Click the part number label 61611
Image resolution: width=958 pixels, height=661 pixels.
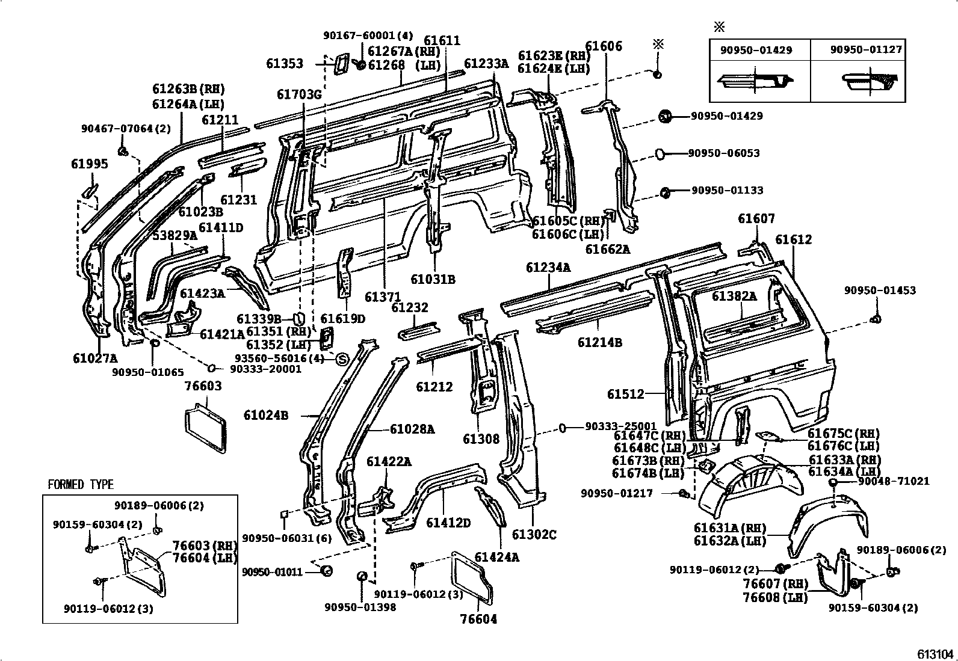[x=442, y=40]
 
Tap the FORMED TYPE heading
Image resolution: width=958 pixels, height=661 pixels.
[x=81, y=485]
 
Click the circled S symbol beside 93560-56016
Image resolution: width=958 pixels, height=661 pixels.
[x=341, y=360]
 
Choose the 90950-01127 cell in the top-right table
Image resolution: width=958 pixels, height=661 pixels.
[x=866, y=50]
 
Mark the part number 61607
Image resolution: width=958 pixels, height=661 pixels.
[x=756, y=219]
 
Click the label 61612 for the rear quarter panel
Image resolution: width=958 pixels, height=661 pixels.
[x=793, y=239]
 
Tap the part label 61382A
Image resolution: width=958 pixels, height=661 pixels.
[x=734, y=296]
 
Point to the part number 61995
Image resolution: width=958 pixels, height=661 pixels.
[x=89, y=164]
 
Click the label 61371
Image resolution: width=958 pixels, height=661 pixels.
[x=382, y=297]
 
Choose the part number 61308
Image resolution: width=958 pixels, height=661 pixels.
[x=481, y=438]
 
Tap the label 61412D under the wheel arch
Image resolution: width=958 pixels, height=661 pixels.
[x=448, y=523]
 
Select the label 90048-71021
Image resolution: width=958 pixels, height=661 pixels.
[x=894, y=481]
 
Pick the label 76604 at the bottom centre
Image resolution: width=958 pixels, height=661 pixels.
[x=479, y=619]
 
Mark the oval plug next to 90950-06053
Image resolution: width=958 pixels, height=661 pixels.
[x=659, y=154]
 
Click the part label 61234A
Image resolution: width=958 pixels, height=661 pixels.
[x=548, y=267]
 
